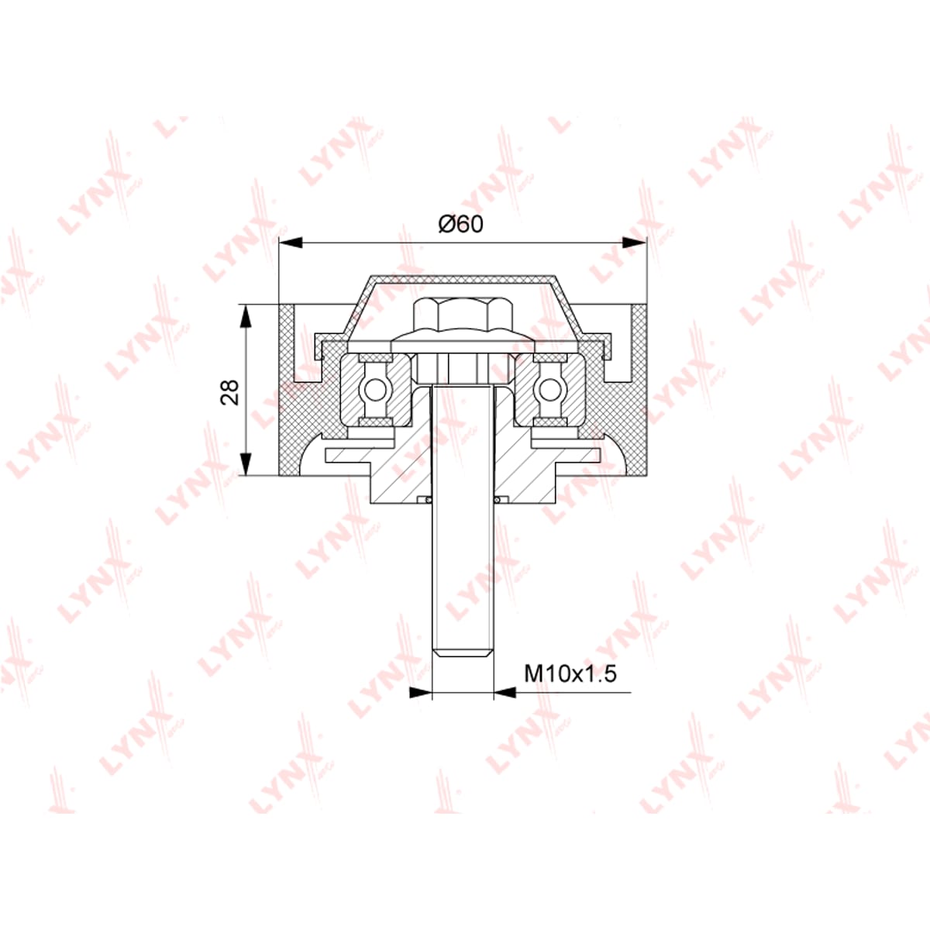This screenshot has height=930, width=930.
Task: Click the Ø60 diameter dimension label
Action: click(460, 224)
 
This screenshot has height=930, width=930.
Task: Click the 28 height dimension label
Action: click(229, 392)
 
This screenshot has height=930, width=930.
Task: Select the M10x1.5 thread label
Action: click(570, 673)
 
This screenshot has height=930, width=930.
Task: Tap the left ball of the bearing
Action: click(375, 390)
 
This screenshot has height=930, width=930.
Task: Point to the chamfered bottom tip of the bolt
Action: click(463, 653)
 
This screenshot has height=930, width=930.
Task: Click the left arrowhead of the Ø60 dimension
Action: click(291, 243)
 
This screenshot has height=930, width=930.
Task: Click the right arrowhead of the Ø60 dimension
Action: click(634, 243)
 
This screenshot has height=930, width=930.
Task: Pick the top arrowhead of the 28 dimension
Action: click(246, 316)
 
